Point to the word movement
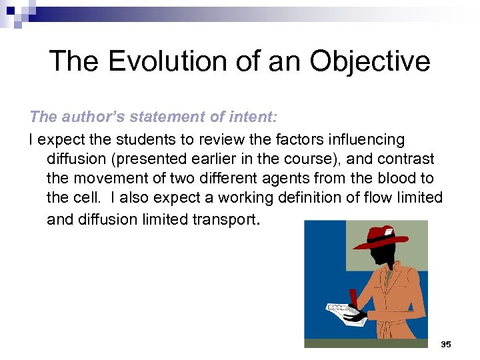pos(108,179)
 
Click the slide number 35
pos(445,344)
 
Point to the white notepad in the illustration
pos(343,311)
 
